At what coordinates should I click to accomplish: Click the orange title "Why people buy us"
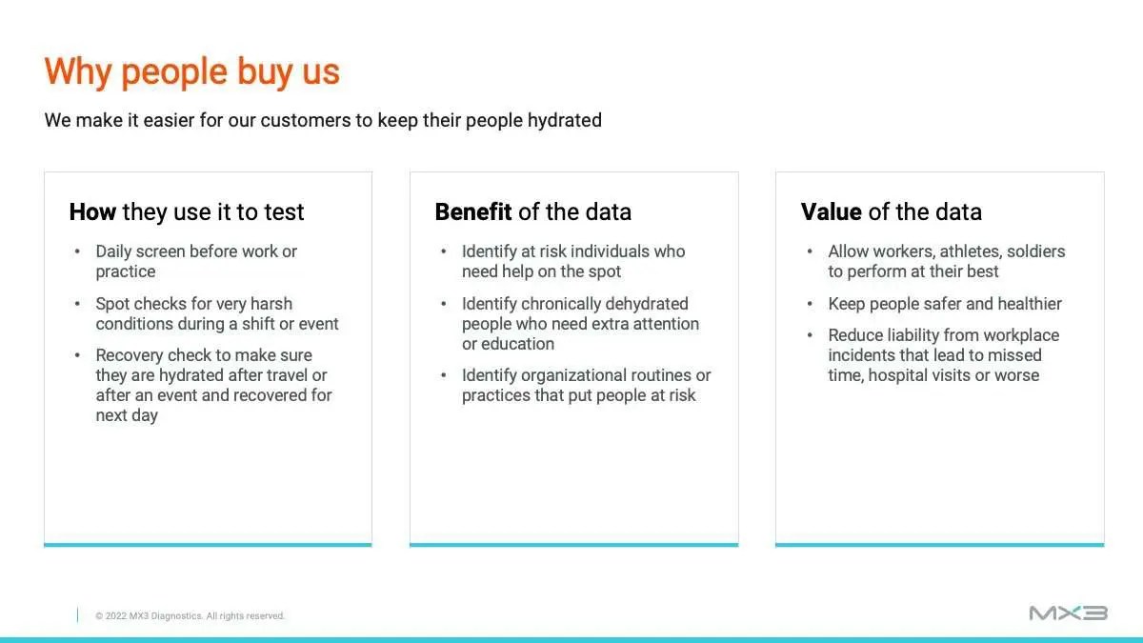[191, 72]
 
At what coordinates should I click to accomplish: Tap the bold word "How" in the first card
[92, 211]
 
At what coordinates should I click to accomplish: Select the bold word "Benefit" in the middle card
[473, 211]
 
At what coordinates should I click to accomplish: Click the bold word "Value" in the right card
[832, 211]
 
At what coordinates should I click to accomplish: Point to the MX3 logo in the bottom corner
[1069, 613]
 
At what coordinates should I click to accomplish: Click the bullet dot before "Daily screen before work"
[77, 251]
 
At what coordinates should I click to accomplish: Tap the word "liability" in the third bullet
[915, 335]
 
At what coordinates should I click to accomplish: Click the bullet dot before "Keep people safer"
[810, 304]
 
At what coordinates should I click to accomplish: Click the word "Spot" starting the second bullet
[112, 304]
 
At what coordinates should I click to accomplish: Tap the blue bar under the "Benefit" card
[574, 545]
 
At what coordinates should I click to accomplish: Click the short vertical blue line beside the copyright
[77, 615]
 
